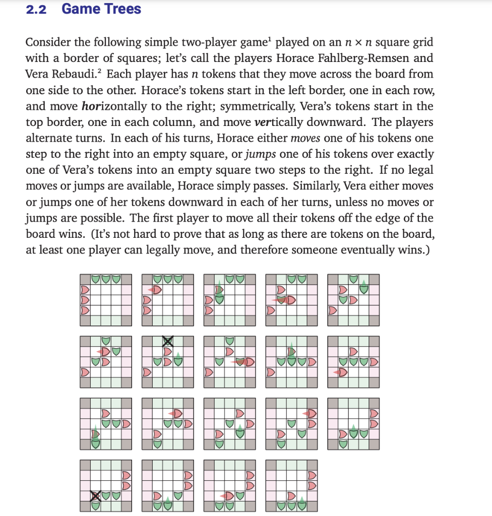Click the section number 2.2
tap(36, 9)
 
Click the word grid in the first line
tap(420, 42)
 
